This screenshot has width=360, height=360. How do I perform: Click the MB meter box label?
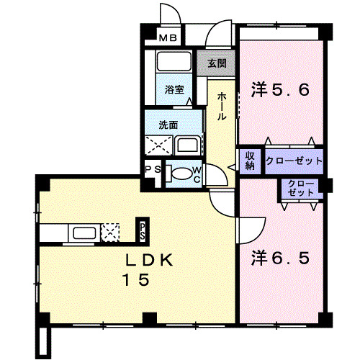coord(168,38)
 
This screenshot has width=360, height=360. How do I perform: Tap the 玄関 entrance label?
coord(217,63)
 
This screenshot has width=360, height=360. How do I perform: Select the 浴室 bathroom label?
coord(174,89)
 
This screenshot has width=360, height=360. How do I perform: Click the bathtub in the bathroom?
coord(174,61)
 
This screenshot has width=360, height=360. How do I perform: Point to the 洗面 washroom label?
coord(168,125)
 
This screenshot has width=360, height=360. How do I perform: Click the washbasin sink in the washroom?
coord(187,145)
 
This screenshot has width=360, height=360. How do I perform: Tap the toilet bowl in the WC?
coord(181,174)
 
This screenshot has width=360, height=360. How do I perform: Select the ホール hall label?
coord(222,107)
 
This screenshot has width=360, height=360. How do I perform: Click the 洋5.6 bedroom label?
coord(280,90)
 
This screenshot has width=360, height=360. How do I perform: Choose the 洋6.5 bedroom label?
coord(280,258)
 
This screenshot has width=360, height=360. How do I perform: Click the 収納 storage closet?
coord(250,161)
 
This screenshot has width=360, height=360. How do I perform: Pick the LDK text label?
coord(149,260)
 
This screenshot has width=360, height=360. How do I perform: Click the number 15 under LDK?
coord(136,279)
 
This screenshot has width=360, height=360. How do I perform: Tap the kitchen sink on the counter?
coord(84,233)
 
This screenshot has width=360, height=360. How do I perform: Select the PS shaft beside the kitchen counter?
coord(143,231)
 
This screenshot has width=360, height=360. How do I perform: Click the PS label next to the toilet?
coord(153,169)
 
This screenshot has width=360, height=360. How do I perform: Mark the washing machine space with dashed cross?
coord(158,145)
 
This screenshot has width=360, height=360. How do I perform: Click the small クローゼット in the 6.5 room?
coord(300,189)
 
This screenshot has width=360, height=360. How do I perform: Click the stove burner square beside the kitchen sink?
coord(110,233)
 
